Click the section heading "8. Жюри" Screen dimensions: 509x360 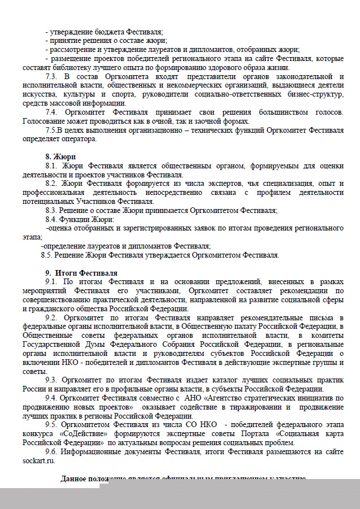[60, 156]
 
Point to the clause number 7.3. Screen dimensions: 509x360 [51, 76]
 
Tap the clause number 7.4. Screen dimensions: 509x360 [51, 112]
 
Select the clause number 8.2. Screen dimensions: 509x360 [51, 184]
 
